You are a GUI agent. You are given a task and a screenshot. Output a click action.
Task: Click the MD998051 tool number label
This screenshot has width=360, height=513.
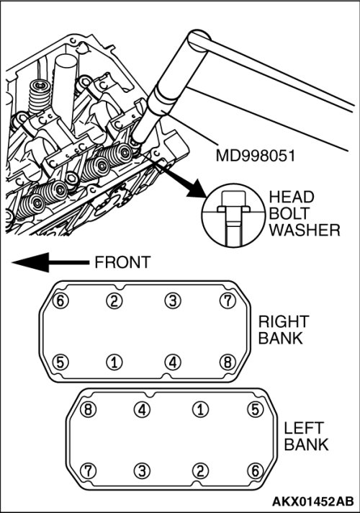[x=256, y=156]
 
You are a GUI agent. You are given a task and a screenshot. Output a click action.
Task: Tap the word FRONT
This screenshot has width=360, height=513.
[x=122, y=262]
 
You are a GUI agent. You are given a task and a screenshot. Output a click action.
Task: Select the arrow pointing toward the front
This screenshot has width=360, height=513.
[x=50, y=262]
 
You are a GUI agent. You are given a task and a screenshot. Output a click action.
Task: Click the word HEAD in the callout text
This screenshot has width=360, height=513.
[x=292, y=197]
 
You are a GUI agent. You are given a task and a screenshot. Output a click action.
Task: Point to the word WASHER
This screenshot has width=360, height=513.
[x=305, y=231]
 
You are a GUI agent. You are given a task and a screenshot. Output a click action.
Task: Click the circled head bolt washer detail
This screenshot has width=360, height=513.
[x=233, y=215]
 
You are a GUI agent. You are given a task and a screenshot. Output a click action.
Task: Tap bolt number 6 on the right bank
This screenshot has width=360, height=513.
[x=60, y=300]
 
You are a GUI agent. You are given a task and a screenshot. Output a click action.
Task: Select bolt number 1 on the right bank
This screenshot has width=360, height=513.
[x=114, y=362]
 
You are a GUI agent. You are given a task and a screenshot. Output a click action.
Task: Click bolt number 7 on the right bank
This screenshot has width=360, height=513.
[x=228, y=300]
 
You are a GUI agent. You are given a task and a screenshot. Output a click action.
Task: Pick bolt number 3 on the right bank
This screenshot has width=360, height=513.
[x=173, y=300]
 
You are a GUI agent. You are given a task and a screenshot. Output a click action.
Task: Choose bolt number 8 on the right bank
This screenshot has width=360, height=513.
[x=228, y=362]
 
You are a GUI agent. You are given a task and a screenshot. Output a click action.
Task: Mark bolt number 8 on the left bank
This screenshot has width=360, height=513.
[x=88, y=410]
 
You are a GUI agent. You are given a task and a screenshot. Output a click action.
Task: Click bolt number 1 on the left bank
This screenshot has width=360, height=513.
[x=200, y=410]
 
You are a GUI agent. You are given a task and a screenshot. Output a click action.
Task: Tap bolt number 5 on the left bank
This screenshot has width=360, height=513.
[x=256, y=410]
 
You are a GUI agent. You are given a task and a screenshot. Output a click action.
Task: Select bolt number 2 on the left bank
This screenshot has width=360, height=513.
[x=200, y=471]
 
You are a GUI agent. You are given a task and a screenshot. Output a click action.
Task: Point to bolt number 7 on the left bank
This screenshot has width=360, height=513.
[x=88, y=471]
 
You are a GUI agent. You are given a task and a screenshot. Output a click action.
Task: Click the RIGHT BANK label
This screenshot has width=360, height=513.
[x=284, y=330]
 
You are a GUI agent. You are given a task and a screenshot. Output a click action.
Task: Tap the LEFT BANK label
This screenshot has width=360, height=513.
[x=306, y=437]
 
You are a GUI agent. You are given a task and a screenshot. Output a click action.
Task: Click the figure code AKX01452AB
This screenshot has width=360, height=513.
[x=313, y=501]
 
